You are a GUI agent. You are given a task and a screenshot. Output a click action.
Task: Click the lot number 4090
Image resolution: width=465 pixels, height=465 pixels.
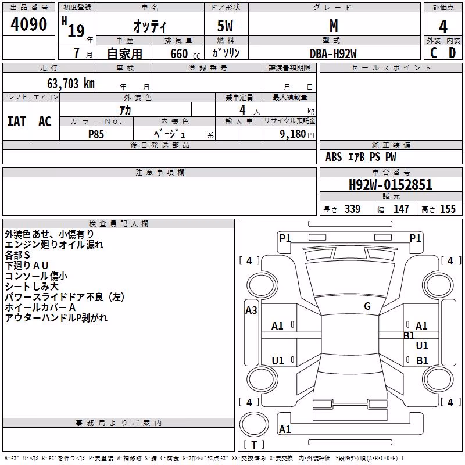(x=28, y=24)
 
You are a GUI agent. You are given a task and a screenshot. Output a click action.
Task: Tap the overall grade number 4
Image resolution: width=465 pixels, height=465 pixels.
(x=443, y=26)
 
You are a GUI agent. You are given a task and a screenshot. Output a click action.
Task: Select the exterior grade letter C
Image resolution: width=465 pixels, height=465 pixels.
(x=434, y=53)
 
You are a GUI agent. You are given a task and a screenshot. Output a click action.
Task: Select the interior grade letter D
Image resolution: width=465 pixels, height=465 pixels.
(x=452, y=53)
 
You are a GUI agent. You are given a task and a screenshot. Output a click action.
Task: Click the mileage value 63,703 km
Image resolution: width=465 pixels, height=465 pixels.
(x=71, y=84)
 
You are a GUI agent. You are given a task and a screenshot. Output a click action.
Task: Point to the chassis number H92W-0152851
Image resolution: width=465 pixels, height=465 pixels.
(x=391, y=185)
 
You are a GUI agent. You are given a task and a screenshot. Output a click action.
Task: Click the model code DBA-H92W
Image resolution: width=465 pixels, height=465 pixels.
(x=333, y=53)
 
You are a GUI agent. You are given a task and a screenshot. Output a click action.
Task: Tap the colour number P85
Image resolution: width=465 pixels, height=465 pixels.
(x=96, y=134)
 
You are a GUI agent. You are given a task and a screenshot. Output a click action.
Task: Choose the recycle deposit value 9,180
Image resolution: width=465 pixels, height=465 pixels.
(x=293, y=134)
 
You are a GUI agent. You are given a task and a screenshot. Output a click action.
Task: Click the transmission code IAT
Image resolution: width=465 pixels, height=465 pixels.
(x=17, y=121)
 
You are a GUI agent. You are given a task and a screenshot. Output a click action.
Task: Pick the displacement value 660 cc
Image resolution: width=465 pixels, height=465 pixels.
(x=185, y=53)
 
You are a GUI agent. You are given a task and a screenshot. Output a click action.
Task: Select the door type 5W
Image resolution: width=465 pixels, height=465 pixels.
(x=225, y=26)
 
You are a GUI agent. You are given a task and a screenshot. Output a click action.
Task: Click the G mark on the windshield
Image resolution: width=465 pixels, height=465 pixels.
(x=367, y=306)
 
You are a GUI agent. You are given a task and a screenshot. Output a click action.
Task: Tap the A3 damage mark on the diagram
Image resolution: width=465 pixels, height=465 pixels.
(x=251, y=310)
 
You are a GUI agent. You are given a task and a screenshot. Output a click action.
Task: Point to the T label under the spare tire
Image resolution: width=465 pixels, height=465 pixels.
(x=254, y=445)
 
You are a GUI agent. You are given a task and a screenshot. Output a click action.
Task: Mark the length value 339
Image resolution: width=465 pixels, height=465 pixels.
(x=352, y=209)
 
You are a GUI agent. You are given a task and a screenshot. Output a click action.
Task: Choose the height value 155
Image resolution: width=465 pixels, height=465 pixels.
(x=448, y=209)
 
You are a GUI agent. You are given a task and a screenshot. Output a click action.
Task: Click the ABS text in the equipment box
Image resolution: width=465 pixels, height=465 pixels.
(x=334, y=157)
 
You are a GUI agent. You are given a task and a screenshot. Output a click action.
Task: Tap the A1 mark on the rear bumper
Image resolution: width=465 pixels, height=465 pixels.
(x=285, y=429)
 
